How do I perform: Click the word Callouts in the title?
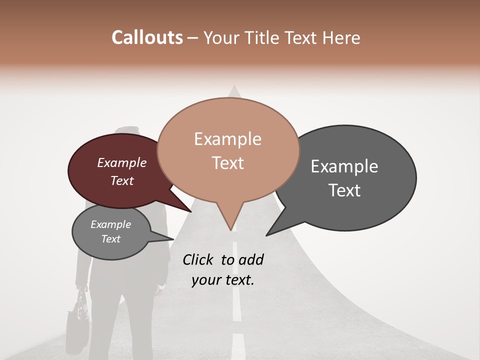tap(147, 37)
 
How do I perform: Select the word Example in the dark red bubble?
tap(121, 163)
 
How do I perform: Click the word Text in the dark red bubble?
tap(121, 180)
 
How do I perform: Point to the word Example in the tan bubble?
tap(227, 139)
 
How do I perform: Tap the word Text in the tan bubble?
tap(227, 163)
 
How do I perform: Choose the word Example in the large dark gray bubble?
tap(344, 166)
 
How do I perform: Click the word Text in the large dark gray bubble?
tap(344, 190)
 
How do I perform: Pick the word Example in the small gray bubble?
tap(110, 225)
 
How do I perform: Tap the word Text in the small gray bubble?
tap(110, 239)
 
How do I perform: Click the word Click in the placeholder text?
tap(198, 259)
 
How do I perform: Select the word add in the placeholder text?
tap(251, 259)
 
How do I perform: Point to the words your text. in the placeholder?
tap(222, 280)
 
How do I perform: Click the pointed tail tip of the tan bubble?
tap(230, 230)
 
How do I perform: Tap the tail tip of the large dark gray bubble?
tap(266, 235)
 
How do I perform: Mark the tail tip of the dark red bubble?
tap(191, 212)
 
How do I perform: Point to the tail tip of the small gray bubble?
tap(173, 239)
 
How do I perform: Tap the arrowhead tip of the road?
tap(233, 86)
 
